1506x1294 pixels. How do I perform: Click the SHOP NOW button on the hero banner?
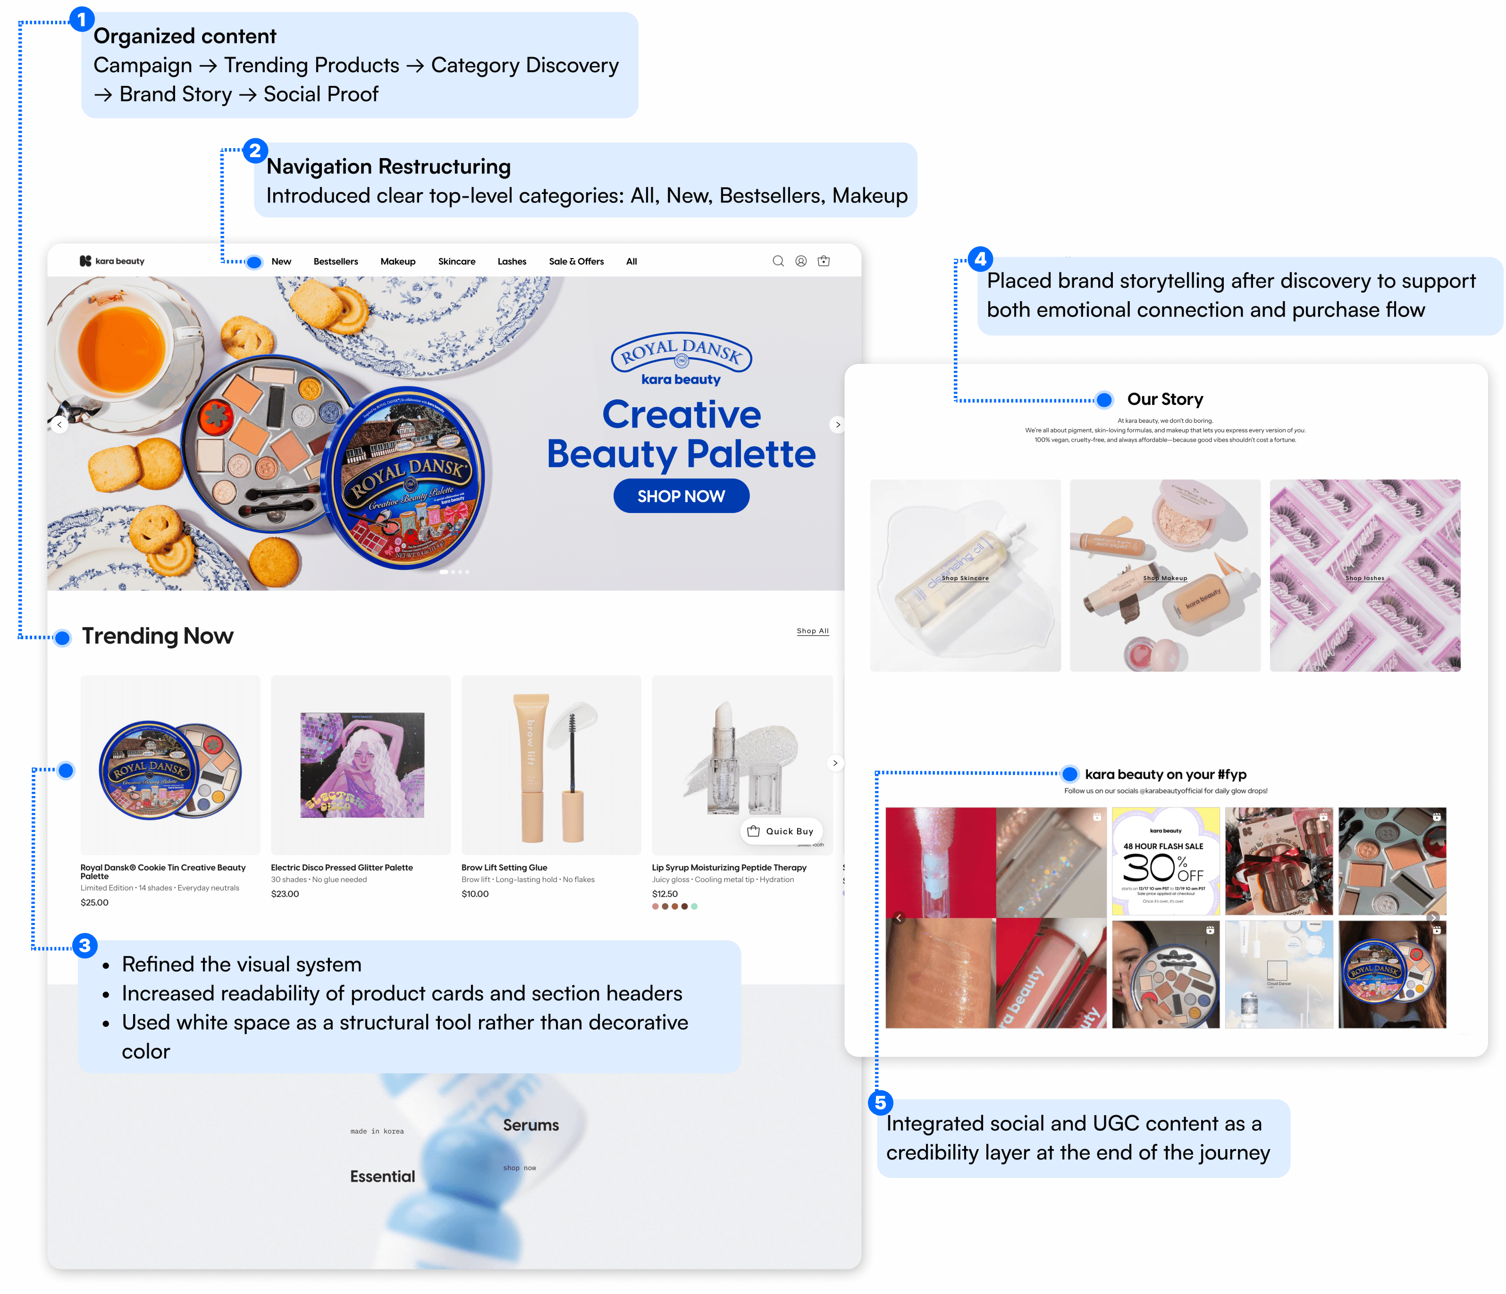[x=681, y=496]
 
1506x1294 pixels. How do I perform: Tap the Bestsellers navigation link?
[x=336, y=262]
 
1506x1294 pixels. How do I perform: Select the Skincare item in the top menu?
[x=456, y=262]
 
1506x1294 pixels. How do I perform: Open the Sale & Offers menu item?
[x=576, y=262]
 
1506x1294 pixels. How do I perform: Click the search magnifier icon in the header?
[x=778, y=261]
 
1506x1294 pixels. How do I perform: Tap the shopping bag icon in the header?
[x=824, y=261]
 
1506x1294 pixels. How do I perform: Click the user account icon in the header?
[x=801, y=261]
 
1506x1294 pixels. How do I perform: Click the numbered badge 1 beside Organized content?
[x=81, y=20]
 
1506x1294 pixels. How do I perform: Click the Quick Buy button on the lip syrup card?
[x=782, y=831]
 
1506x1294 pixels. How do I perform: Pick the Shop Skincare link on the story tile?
[x=965, y=579]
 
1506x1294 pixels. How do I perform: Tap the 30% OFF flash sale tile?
[x=1165, y=861]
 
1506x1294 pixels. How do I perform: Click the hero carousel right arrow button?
[x=837, y=425]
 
